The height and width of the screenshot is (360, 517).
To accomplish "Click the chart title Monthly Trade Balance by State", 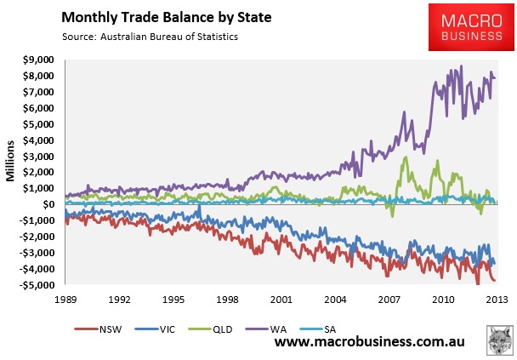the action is tap(167, 17).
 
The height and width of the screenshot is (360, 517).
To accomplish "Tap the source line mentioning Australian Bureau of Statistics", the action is tap(150, 37).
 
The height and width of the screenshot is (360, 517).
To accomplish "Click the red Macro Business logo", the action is tap(471, 27).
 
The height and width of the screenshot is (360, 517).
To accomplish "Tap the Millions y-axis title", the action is tap(10, 161).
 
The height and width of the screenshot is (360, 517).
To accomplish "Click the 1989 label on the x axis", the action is tap(65, 300).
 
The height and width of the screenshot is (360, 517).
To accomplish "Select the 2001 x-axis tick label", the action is tap(281, 300).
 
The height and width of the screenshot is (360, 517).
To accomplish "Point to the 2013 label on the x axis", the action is tap(497, 300).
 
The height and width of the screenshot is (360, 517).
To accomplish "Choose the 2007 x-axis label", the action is tap(389, 300).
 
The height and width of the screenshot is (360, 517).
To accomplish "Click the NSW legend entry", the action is tap(98, 329).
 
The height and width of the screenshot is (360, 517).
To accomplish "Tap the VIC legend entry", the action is tap(155, 329).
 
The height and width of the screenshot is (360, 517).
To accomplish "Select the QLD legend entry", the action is tap(210, 329).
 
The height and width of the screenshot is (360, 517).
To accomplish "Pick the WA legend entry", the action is tap(266, 329).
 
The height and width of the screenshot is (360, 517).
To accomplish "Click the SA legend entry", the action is tap(318, 329).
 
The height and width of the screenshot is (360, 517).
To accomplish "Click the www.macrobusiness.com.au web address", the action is tap(370, 342).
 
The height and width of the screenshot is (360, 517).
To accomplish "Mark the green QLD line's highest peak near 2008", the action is tap(406, 157).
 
